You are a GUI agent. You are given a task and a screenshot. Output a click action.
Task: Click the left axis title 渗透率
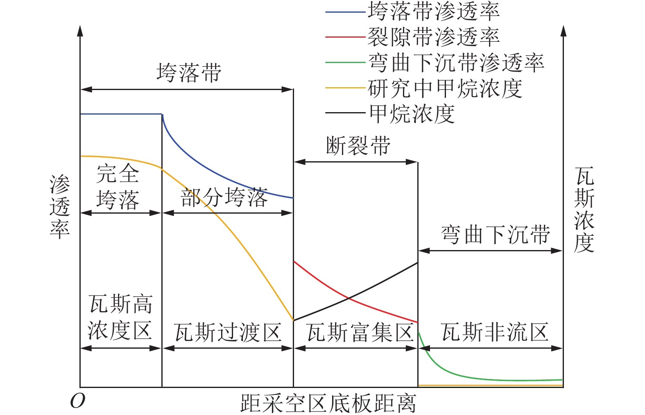click(60, 207)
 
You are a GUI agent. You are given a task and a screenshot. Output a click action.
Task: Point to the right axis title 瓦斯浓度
click(584, 210)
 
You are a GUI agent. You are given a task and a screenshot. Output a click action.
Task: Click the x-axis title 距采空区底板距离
click(328, 403)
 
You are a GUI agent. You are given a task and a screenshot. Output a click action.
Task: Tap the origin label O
click(77, 401)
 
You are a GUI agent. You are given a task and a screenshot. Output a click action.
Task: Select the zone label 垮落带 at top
click(189, 73)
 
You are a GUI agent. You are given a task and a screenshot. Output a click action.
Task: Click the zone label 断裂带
click(358, 146)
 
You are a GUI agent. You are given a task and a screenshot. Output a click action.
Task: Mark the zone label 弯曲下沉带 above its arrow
click(495, 235)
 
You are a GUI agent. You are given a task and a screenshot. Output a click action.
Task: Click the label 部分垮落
click(224, 197)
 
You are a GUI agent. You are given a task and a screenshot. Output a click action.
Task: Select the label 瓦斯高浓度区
click(120, 317)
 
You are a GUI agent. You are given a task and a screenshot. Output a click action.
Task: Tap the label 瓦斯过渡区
click(228, 332)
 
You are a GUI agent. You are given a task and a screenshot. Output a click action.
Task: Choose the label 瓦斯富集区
click(360, 332)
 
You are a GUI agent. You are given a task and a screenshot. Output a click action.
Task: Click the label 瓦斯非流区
click(495, 332)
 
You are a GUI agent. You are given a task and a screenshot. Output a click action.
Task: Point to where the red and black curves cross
click(349, 298)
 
